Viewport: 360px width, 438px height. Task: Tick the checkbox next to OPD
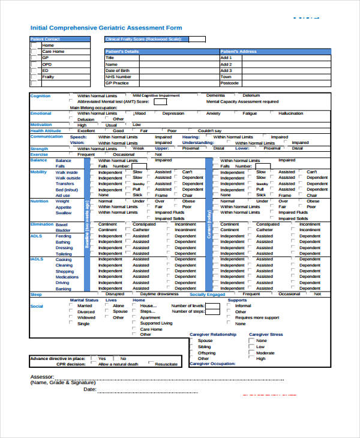(x=34, y=64)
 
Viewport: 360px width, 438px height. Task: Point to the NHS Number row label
(x=118, y=77)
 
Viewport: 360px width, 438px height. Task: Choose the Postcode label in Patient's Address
(x=229, y=83)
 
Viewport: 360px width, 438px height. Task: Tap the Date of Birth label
(x=118, y=70)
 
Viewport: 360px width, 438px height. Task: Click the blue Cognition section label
(x=40, y=96)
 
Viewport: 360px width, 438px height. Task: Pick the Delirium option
(x=251, y=95)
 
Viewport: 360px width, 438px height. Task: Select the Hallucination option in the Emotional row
(x=291, y=113)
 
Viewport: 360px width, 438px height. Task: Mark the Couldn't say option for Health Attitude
(x=209, y=131)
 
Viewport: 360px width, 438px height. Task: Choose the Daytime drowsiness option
(x=160, y=295)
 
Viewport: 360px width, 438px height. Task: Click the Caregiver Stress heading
(x=266, y=334)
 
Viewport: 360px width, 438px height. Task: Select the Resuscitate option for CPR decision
(x=166, y=364)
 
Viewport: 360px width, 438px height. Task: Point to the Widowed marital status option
(x=86, y=318)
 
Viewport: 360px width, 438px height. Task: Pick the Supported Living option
(x=155, y=323)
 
